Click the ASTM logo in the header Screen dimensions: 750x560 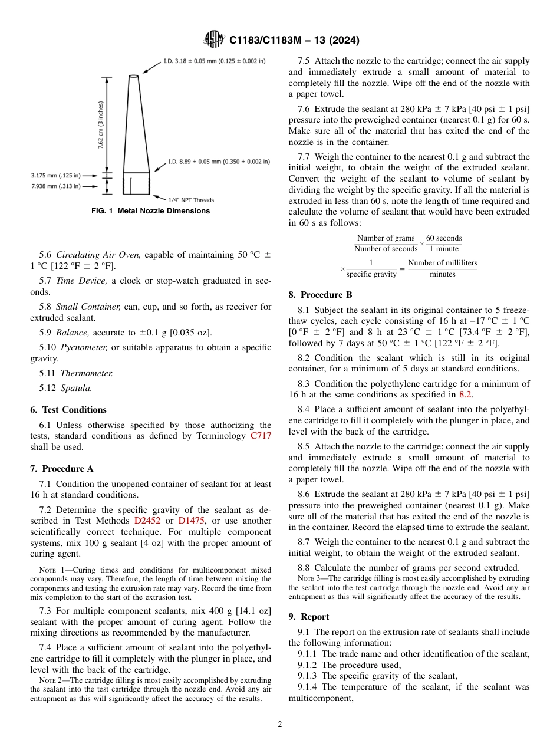click(x=214, y=40)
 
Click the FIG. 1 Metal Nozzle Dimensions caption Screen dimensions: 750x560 click(x=150, y=211)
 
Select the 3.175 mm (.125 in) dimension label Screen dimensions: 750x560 click(x=55, y=175)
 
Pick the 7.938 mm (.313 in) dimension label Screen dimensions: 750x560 click(x=55, y=186)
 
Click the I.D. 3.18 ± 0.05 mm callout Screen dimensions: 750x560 click(x=214, y=60)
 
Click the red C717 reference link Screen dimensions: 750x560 click(x=261, y=436)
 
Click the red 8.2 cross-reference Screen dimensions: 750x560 click(x=465, y=394)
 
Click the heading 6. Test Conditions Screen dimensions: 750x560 click(x=68, y=410)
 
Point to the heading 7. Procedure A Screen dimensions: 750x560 click(x=61, y=469)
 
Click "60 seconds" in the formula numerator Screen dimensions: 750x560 click(x=444, y=238)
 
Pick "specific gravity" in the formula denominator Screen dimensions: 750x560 click(x=371, y=274)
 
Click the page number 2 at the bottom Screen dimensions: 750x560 click(x=280, y=725)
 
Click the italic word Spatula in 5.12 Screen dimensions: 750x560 click(x=76, y=388)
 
